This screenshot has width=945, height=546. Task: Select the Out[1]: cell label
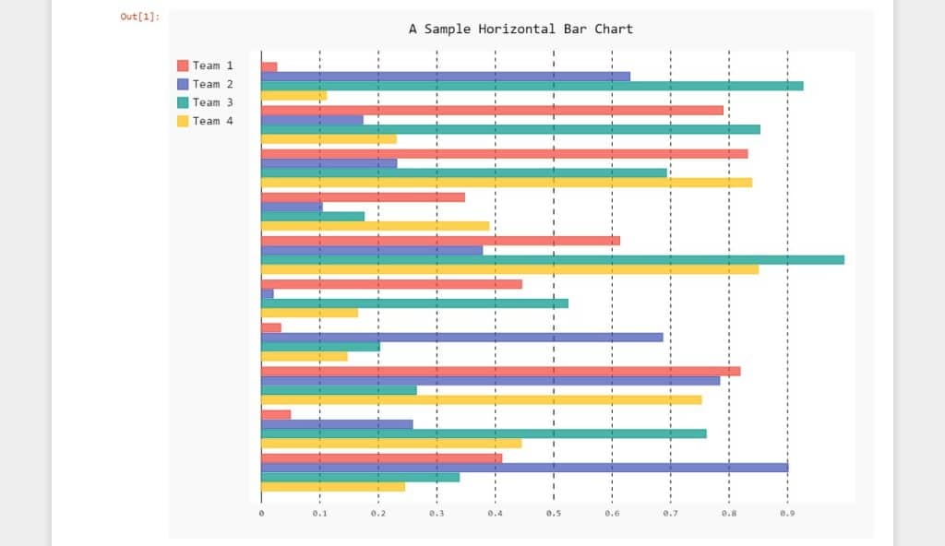[139, 17]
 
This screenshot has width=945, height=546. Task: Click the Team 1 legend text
[212, 65]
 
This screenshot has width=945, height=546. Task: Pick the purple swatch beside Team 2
[183, 84]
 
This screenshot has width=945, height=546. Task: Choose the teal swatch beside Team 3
[183, 102]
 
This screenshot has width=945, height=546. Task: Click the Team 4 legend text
[212, 121]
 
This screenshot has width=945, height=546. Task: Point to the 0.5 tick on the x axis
[554, 512]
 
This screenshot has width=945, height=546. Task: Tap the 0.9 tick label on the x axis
[787, 512]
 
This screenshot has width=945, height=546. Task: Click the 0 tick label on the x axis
[261, 512]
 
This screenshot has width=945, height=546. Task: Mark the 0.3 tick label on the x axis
[437, 512]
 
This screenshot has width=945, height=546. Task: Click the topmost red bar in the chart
[269, 66]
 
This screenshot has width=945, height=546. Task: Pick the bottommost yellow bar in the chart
[333, 487]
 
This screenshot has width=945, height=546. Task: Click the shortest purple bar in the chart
[268, 294]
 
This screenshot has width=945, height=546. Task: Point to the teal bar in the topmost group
[532, 86]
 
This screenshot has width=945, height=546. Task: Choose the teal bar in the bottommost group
[360, 477]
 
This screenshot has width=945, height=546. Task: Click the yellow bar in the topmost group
[293, 96]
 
